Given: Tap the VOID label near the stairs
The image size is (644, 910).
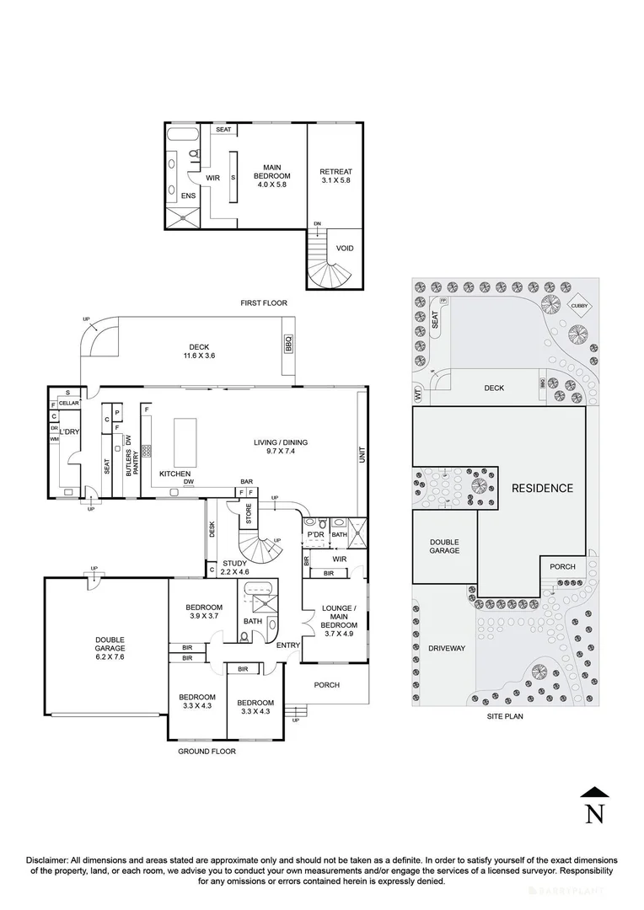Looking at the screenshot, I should click(x=344, y=249).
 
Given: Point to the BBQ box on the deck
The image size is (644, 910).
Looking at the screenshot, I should click(x=287, y=342).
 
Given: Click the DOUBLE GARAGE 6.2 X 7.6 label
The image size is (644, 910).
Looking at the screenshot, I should click(x=110, y=647).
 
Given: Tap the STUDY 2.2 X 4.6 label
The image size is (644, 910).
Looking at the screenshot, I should click(x=234, y=568).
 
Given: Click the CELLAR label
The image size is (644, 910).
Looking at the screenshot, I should click(x=68, y=404).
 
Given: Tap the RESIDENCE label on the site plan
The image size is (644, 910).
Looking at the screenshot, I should click(x=542, y=488).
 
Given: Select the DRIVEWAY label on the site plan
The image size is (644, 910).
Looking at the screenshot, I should click(x=446, y=648).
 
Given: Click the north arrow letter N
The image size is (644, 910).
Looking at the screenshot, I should click(x=595, y=813).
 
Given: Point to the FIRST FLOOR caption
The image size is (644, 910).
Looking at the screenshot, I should click(x=264, y=302).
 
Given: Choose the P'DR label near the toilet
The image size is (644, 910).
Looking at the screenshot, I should click(x=316, y=535).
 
